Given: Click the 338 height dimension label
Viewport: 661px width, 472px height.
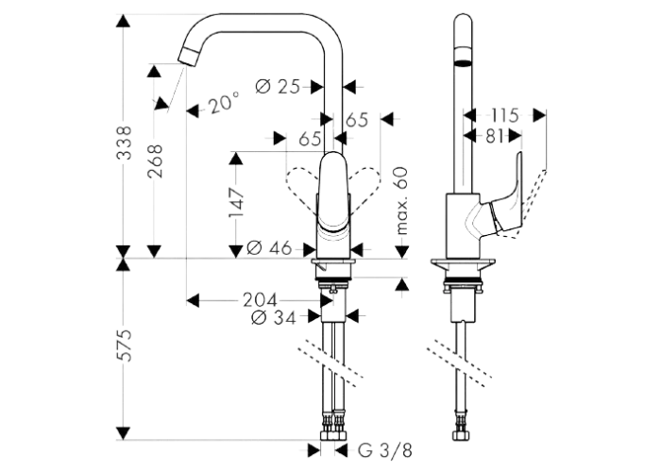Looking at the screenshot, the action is tap(124, 143).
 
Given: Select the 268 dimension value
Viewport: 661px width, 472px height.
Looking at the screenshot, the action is tap(155, 160).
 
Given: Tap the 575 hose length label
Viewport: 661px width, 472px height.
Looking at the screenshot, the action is tap(124, 346).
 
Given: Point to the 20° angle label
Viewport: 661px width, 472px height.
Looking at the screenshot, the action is tap(224, 103).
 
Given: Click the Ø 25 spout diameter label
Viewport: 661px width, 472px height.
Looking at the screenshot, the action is tap(278, 87).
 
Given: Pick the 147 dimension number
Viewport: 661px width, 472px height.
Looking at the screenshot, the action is tap(236, 203).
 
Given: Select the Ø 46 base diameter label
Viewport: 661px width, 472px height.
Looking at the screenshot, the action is tap(269, 247).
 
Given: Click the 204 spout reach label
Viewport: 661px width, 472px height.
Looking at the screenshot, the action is tap(260, 300).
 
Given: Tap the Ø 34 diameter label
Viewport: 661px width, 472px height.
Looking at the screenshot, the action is tap(273, 317).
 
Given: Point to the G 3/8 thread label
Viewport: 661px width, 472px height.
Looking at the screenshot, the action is tap(384, 450).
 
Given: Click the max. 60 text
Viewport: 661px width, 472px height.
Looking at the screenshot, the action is tap(402, 200).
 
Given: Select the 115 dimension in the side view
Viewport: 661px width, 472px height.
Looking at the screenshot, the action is tap(504, 115).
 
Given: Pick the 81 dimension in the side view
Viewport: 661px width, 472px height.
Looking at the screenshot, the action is tap(494, 136).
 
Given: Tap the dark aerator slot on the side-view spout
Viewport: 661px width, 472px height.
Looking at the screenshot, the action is tap(464, 63).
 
